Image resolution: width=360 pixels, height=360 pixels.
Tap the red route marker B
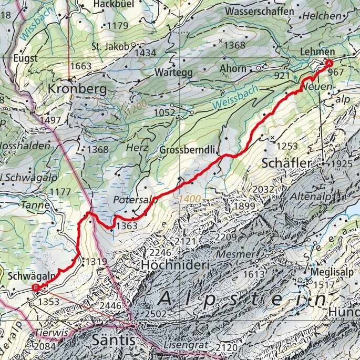[36, 287]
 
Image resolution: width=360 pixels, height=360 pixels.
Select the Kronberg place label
[77, 89]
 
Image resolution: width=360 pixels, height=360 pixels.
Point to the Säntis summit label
[114, 341]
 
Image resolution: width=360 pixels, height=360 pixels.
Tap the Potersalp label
[136, 200]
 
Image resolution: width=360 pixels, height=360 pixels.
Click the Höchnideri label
[174, 266]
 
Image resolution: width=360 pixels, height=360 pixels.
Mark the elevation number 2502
[157, 314]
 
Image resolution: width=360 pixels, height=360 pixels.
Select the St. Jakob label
[110, 46]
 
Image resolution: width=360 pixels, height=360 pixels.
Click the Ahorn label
[233, 69]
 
